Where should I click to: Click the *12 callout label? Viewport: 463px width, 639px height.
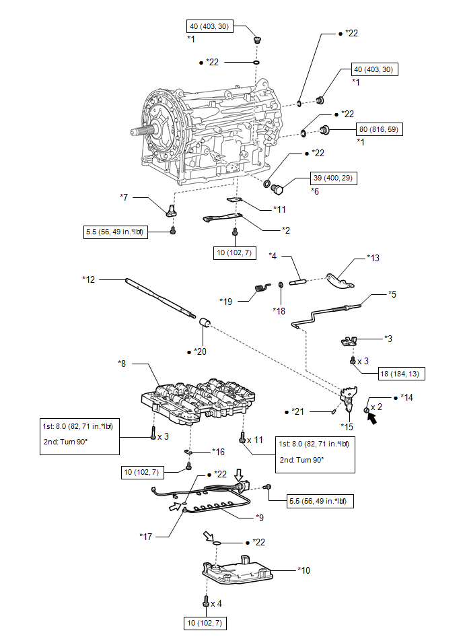coord(88,279)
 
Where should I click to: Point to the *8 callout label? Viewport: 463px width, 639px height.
coord(122,364)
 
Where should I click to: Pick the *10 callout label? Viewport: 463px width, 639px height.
coord(304,570)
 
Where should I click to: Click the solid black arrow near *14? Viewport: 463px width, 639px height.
coord(371,417)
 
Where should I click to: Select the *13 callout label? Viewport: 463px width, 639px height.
coord(373,258)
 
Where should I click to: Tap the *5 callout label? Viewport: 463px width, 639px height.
coord(392,294)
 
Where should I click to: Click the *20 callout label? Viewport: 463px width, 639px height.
coord(201,351)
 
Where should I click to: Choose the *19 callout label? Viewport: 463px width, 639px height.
coord(225,302)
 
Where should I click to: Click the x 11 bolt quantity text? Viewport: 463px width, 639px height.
coord(255,440)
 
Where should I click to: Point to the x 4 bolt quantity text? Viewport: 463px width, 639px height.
coord(216,603)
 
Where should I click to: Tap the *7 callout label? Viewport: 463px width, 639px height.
coord(124,197)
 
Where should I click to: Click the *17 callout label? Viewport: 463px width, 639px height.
coord(146,537)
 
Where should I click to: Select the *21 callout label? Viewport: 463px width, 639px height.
coord(297,412)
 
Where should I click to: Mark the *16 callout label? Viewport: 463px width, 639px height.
coord(218,452)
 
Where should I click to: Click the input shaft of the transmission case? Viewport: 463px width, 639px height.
coord(141,131)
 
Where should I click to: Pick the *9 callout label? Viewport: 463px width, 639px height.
coord(260,518)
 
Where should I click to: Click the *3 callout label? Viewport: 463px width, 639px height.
coord(388,339)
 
